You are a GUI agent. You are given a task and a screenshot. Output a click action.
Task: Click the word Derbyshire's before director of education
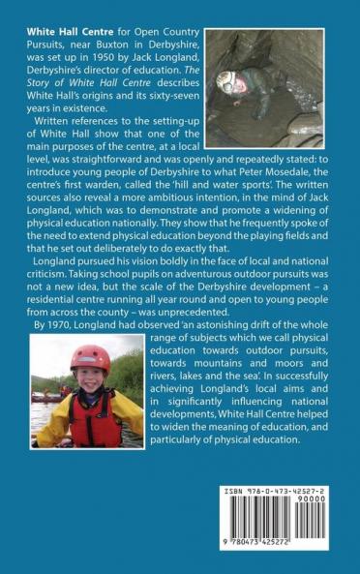pos(58,94)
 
